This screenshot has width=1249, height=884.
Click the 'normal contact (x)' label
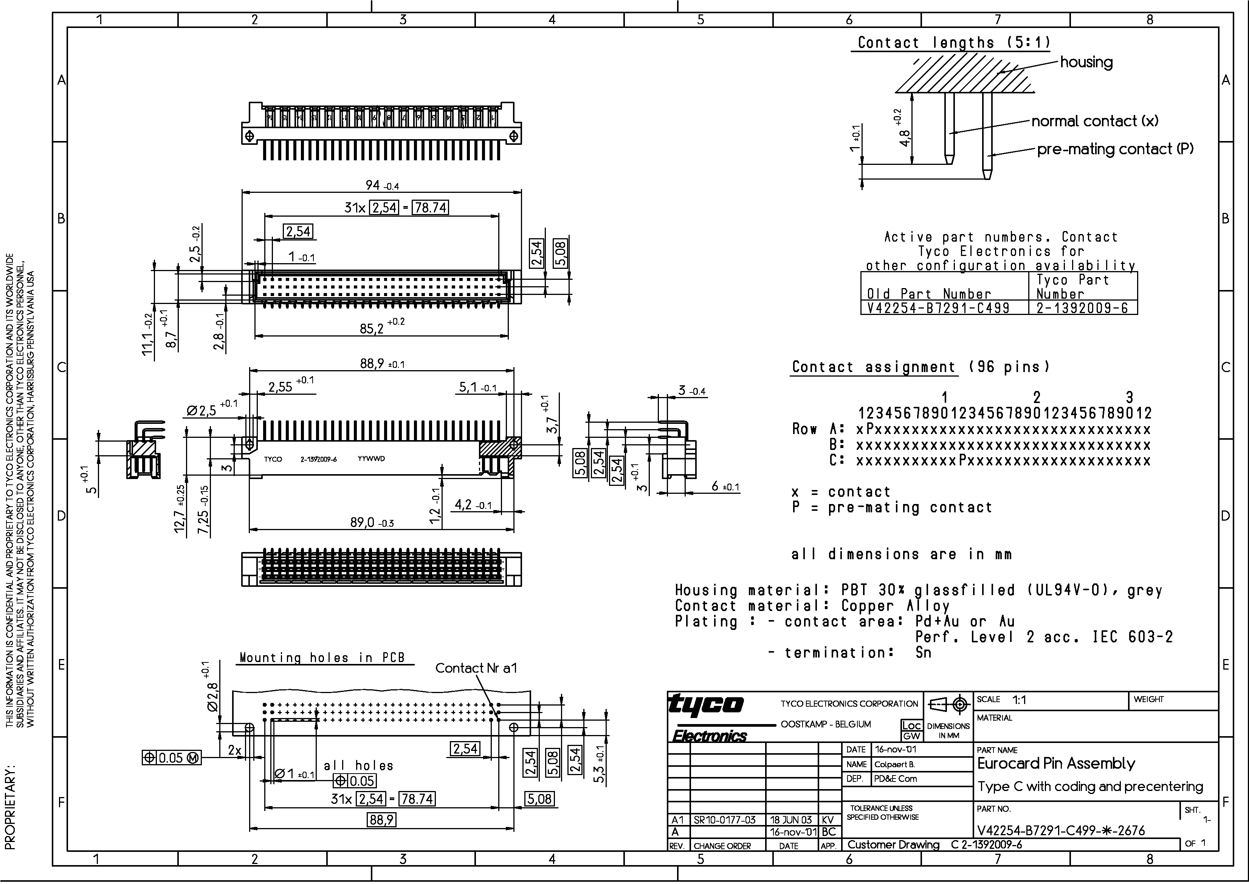point(1094,121)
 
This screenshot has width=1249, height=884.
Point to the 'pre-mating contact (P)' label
point(1114,149)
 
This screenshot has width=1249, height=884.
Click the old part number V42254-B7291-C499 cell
point(938,308)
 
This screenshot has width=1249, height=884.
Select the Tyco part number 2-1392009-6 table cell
point(1082,308)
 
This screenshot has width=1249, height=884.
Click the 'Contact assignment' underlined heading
point(873,368)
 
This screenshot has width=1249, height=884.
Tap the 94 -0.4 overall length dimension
point(381,186)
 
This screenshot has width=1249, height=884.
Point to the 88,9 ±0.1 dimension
point(381,364)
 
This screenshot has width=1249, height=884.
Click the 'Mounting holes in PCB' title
point(322,658)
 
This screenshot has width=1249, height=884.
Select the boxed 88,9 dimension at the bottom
point(381,820)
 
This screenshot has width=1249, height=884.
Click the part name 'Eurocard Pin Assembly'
point(1056,764)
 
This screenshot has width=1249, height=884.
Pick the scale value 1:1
point(1019,700)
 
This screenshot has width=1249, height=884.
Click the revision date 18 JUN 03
point(791,820)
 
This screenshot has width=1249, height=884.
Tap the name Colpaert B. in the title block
point(895,764)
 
